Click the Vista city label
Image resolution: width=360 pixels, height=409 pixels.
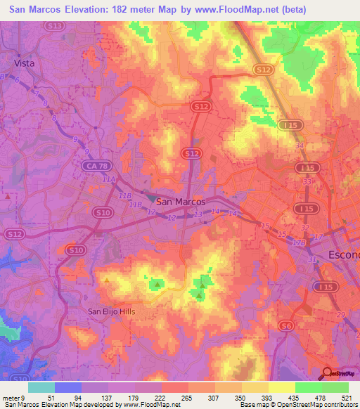25,63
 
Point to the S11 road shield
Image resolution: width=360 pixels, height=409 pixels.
54,26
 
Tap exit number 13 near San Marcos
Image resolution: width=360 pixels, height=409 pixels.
198,214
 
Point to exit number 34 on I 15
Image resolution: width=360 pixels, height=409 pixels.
300,145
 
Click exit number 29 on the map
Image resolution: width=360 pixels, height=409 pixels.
342,314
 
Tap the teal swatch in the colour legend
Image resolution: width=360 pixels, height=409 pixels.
41,387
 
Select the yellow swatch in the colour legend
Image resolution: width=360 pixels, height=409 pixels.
281,387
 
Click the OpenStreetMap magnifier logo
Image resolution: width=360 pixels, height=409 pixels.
327,373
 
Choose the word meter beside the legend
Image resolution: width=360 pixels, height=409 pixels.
11,379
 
